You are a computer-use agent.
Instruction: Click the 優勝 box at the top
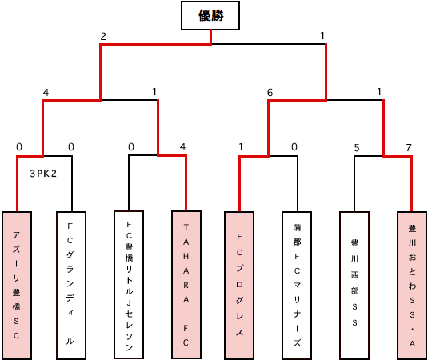point(210,15)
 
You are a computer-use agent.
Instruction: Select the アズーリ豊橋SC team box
point(17,286)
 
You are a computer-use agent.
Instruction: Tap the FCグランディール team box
point(71,286)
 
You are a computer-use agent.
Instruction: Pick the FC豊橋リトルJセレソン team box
point(129,284)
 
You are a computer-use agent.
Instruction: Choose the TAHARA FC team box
point(186,284)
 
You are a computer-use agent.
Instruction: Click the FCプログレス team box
point(239,286)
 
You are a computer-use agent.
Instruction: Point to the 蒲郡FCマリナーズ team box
point(297,286)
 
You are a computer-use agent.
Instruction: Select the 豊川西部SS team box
point(354,286)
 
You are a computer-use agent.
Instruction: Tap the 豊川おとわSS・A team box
point(412,286)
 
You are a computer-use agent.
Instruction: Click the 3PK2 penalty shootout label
point(43,174)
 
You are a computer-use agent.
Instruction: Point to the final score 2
point(103,36)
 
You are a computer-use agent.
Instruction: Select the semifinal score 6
point(270,93)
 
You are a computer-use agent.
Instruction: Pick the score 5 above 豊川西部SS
point(357,148)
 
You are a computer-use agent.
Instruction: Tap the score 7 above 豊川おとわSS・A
point(409,148)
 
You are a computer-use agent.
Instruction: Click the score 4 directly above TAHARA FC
point(182,147)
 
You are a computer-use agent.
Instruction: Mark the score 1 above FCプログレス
point(241,147)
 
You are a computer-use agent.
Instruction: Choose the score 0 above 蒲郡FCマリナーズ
point(294,147)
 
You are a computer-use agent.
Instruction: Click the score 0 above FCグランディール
point(71,147)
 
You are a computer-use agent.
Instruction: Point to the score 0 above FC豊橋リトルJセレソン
point(131,147)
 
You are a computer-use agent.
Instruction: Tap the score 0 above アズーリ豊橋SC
point(19,147)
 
